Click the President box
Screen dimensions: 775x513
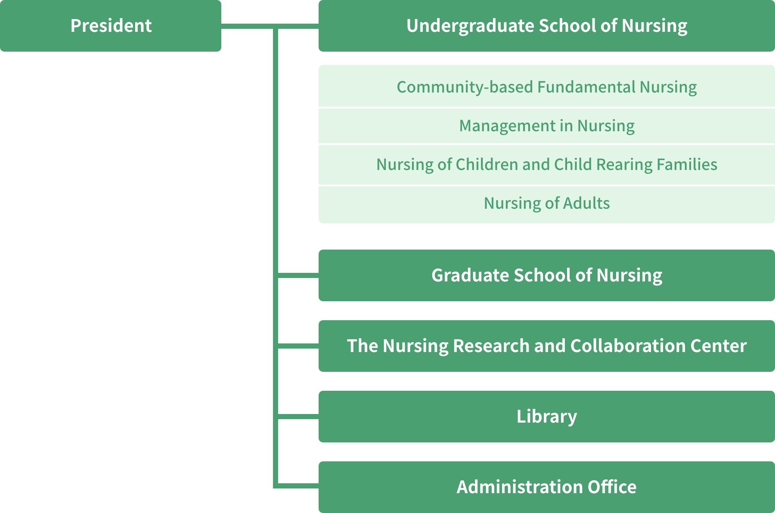point(111,26)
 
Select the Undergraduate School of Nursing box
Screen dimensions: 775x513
point(547,26)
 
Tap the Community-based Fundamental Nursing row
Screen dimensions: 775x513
point(547,86)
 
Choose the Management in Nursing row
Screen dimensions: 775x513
point(547,126)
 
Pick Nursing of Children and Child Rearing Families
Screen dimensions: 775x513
point(547,164)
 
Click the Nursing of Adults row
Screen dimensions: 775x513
point(547,204)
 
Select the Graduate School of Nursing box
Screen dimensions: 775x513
point(547,275)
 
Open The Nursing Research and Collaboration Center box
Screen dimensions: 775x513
point(547,346)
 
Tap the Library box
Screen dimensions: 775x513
point(547,417)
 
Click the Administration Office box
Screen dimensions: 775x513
point(547,487)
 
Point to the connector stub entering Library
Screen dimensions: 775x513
point(298,417)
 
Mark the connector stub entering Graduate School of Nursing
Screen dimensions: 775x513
point(298,275)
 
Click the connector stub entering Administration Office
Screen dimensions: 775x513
point(298,486)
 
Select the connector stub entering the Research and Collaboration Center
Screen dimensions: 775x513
point(298,346)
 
